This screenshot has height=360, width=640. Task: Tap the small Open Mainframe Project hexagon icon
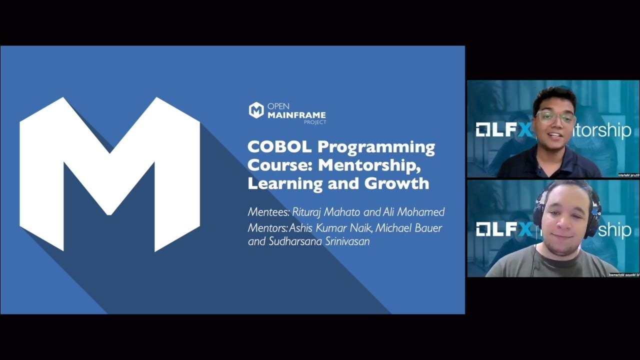coord(256,110)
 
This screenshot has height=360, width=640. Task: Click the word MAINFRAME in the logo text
coord(296,115)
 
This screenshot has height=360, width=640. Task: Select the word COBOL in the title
coord(279,147)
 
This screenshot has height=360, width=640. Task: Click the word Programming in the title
coord(376,147)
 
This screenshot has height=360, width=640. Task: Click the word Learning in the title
coord(278,183)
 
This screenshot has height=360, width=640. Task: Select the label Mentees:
coord(268,212)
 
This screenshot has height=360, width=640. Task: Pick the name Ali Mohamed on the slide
coord(413,212)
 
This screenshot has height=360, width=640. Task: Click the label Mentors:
coord(267,227)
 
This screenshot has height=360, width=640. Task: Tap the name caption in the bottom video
coord(624,274)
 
